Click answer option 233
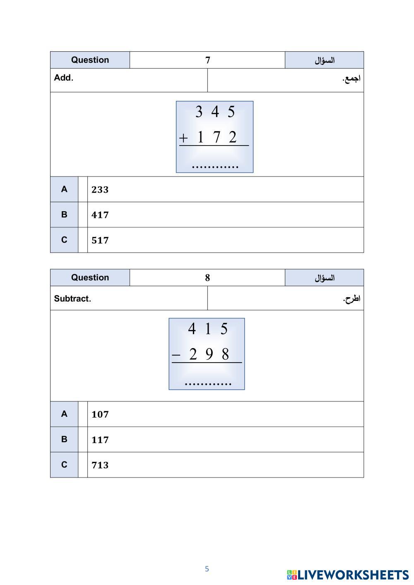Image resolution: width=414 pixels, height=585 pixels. point(100,190)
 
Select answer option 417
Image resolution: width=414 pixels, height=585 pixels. point(100,215)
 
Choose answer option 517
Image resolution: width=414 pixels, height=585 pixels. point(100,240)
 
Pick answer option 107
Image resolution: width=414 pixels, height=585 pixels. point(100,414)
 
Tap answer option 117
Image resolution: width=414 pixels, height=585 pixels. point(100,440)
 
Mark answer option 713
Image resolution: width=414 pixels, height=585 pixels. point(100,465)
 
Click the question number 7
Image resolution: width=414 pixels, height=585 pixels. point(207,60)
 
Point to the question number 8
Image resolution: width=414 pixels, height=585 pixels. point(207,278)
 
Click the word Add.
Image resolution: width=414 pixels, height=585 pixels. point(63,78)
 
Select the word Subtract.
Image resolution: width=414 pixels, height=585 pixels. point(72,298)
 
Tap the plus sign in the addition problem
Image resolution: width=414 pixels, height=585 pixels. point(183,138)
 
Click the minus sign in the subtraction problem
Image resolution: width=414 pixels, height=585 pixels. point(176,355)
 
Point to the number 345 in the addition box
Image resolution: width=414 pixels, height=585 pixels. point(215,112)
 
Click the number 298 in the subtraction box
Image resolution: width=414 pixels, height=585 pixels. point(209,354)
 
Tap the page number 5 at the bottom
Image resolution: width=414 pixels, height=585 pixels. point(207,569)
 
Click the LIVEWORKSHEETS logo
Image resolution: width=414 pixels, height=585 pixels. point(347,575)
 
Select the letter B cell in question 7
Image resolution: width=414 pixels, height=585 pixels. point(64,215)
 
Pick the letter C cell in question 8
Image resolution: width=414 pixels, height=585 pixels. point(64,465)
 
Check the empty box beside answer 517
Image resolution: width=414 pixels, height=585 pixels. point(83,240)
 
